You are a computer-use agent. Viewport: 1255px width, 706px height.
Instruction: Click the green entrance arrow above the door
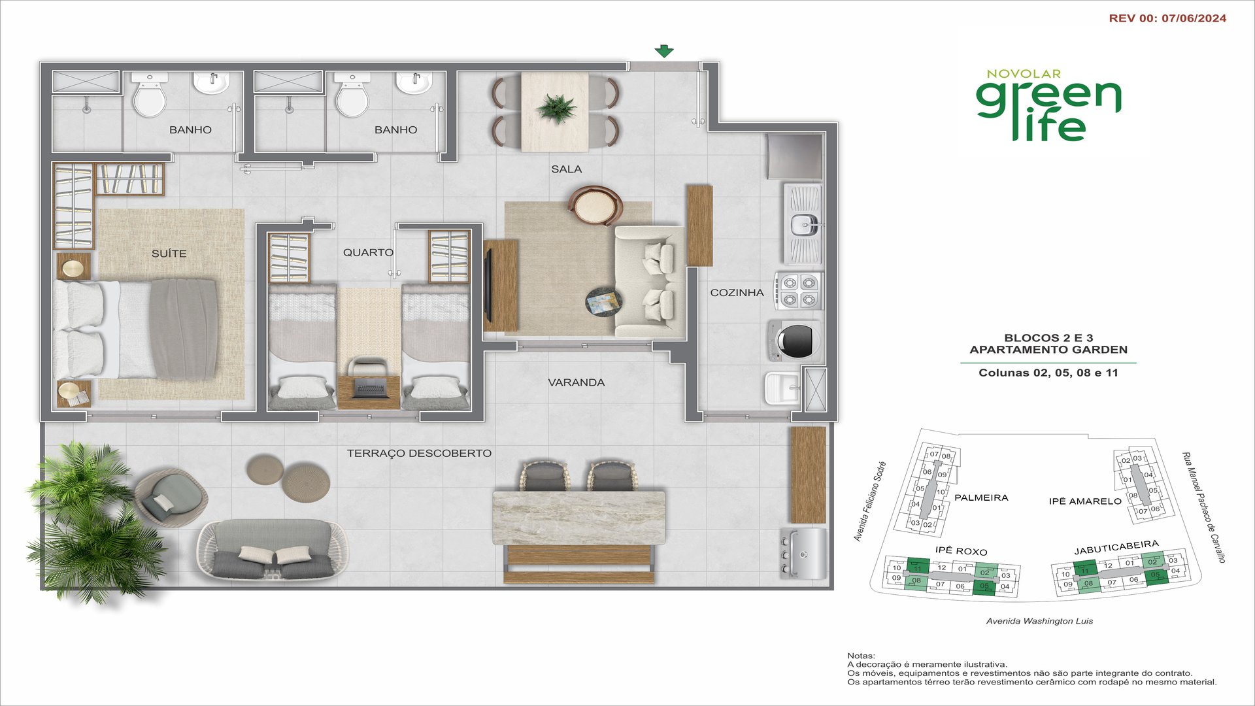(x=663, y=51)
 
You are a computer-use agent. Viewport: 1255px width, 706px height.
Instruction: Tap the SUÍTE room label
(x=169, y=254)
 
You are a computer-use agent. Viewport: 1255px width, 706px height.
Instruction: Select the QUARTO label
(x=368, y=252)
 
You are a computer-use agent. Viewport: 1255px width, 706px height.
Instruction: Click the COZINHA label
(x=737, y=293)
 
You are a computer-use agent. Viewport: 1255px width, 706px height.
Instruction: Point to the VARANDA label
(x=576, y=382)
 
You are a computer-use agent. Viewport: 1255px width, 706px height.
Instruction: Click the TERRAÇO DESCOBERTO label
(x=419, y=453)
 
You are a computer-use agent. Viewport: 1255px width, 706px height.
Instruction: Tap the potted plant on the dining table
(x=556, y=107)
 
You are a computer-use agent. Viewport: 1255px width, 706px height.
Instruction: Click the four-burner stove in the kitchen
(x=799, y=291)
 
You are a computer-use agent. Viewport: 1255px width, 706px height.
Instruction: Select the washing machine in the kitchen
(x=794, y=341)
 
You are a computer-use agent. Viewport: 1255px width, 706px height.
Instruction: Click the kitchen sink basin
(x=803, y=225)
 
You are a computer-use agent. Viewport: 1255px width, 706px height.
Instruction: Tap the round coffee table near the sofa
(x=603, y=302)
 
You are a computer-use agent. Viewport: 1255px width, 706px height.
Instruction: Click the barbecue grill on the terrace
(x=805, y=554)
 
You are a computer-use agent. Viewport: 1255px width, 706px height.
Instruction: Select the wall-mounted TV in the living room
(x=488, y=286)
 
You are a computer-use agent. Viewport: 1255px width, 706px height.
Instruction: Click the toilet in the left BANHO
(x=149, y=98)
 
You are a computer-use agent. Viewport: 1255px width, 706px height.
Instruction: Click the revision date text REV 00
(x=1167, y=18)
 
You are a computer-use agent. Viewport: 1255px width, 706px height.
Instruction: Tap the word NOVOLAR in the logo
(x=1024, y=74)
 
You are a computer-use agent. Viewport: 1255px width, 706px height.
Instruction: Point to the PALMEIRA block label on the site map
(x=980, y=497)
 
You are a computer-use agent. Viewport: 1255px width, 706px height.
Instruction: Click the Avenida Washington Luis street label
(x=1039, y=621)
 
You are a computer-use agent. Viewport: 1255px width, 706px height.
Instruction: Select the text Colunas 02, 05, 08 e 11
(x=1048, y=373)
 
